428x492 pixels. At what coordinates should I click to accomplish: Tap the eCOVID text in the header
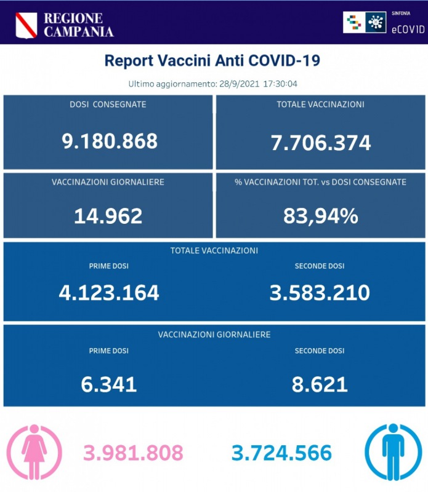408,29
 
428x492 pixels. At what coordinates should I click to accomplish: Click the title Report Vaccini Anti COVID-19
212,61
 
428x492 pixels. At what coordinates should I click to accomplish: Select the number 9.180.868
110,141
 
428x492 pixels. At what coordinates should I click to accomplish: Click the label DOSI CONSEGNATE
108,105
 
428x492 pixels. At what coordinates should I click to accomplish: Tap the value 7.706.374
320,143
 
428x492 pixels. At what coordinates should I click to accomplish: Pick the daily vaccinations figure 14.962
108,216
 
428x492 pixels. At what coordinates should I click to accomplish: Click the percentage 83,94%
320,216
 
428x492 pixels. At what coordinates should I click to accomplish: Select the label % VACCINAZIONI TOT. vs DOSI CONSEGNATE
320,182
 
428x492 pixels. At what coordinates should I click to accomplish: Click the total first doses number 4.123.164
108,292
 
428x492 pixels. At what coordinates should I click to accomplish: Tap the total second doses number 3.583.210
320,292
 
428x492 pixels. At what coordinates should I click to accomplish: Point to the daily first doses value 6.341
108,384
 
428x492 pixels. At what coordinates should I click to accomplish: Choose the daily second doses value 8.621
320,384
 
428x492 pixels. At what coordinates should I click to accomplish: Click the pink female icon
34,452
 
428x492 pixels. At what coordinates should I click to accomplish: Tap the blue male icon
393,452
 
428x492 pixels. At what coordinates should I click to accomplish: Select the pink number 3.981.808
134,453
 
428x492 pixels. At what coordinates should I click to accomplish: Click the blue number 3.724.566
282,453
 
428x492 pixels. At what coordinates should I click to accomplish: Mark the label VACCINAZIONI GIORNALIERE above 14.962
108,182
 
